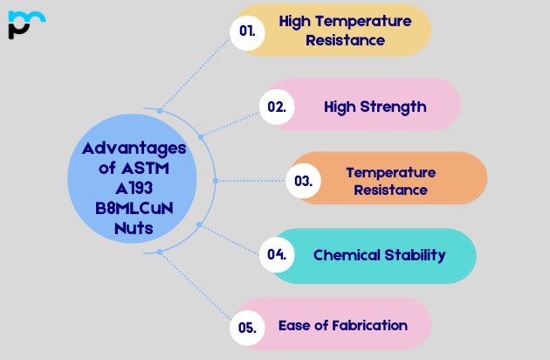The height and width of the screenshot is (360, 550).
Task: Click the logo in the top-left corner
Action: point(25,24)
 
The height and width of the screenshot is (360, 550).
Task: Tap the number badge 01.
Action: point(248,31)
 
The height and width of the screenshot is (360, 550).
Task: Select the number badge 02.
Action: point(277,107)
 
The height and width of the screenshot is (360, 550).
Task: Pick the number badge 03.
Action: point(304,181)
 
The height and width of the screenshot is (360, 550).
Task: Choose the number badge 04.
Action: point(277,255)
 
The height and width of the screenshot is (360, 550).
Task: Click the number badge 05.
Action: point(247,328)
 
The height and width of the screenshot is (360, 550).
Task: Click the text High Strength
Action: point(375,107)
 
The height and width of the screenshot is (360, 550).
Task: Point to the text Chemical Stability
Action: point(379,255)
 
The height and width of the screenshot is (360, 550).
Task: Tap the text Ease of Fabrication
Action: point(342,325)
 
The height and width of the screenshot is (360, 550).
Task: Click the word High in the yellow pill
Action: point(295,21)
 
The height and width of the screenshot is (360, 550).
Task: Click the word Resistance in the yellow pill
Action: point(345,40)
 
